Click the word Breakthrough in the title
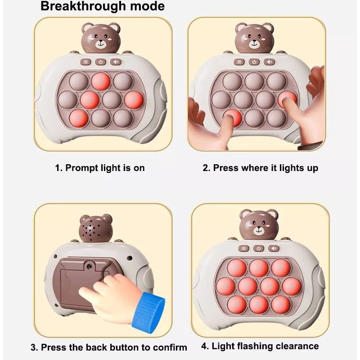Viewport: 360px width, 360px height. (83, 6)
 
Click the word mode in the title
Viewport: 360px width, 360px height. (148, 6)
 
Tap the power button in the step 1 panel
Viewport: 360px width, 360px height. (100, 62)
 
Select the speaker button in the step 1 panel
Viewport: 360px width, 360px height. (116, 62)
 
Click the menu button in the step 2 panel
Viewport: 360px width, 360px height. (239, 62)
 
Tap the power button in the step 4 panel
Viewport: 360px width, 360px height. (259, 248)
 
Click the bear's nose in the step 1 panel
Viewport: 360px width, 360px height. (101, 42)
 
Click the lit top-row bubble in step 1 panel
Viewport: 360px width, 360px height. (100, 81)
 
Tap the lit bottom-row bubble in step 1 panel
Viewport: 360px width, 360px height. (78, 118)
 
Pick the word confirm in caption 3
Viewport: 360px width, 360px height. (170, 347)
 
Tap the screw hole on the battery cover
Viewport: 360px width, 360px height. (90, 266)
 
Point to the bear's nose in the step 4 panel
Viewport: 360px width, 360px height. (259, 228)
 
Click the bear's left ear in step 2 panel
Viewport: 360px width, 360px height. (240, 28)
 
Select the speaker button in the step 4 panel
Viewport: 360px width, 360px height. (274, 248)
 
